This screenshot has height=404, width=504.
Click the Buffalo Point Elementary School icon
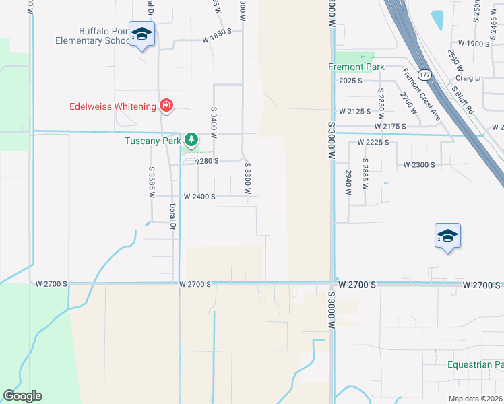141,34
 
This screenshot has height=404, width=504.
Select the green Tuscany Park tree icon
192,140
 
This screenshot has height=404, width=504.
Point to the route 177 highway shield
424,73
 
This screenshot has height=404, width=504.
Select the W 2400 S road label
199,197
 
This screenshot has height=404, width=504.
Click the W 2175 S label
391,126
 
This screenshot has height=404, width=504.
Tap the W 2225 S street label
374,143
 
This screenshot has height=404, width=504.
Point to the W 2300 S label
420,165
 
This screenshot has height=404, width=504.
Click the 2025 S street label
351,81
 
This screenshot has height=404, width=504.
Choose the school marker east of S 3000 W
447,237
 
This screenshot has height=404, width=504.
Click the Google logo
22,396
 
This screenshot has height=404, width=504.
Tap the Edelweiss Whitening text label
113,106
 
